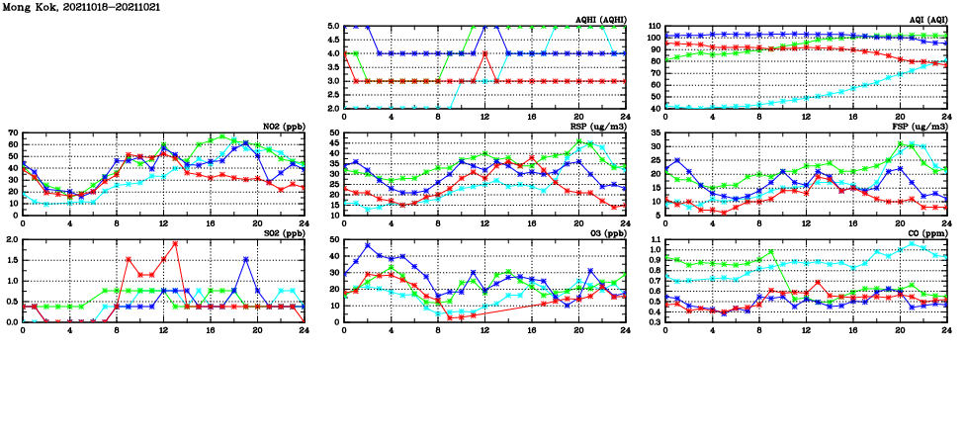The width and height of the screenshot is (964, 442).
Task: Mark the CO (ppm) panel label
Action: [x=925, y=232]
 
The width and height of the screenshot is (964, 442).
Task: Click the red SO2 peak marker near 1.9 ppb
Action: [x=175, y=243]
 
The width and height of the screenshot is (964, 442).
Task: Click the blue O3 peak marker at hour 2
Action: [x=368, y=244]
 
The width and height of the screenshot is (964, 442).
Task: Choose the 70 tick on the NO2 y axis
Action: [x=13, y=133]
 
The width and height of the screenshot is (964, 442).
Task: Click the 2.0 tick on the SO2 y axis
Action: [x=11, y=239]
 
